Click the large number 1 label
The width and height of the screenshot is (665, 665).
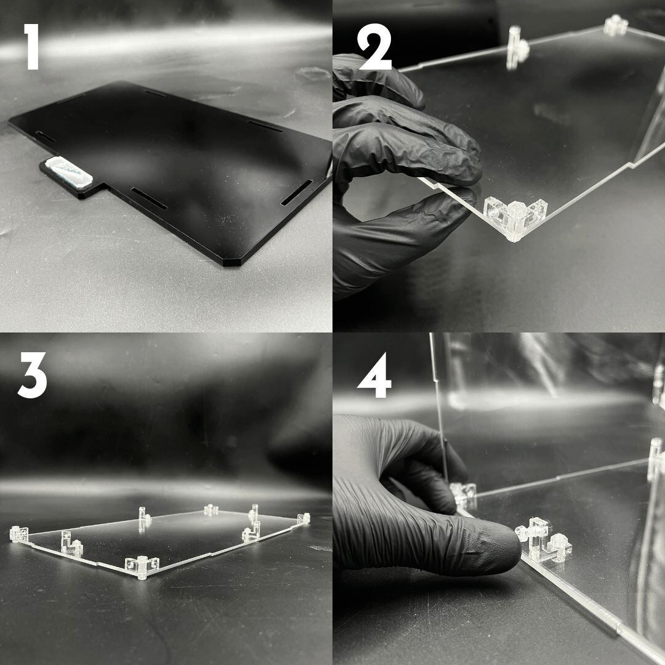pos(31,46)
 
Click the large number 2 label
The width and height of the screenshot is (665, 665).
pos(374,47)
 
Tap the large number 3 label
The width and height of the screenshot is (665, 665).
pos(32,376)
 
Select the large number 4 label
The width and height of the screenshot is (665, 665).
pos(374,376)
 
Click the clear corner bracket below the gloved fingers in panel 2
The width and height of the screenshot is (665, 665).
pos(515,219)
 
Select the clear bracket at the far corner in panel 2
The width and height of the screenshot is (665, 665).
pos(615,25)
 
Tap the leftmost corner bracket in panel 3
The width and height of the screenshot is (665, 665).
pos(18,533)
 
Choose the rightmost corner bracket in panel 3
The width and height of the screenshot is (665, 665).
pos(303,518)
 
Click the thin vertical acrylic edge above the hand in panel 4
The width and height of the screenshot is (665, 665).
pos(439,407)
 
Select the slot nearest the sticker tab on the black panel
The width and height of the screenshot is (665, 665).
pos(148,198)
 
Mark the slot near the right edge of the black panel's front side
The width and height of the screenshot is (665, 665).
pos(297,193)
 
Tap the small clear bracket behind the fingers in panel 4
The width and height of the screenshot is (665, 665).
pos(464,494)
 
